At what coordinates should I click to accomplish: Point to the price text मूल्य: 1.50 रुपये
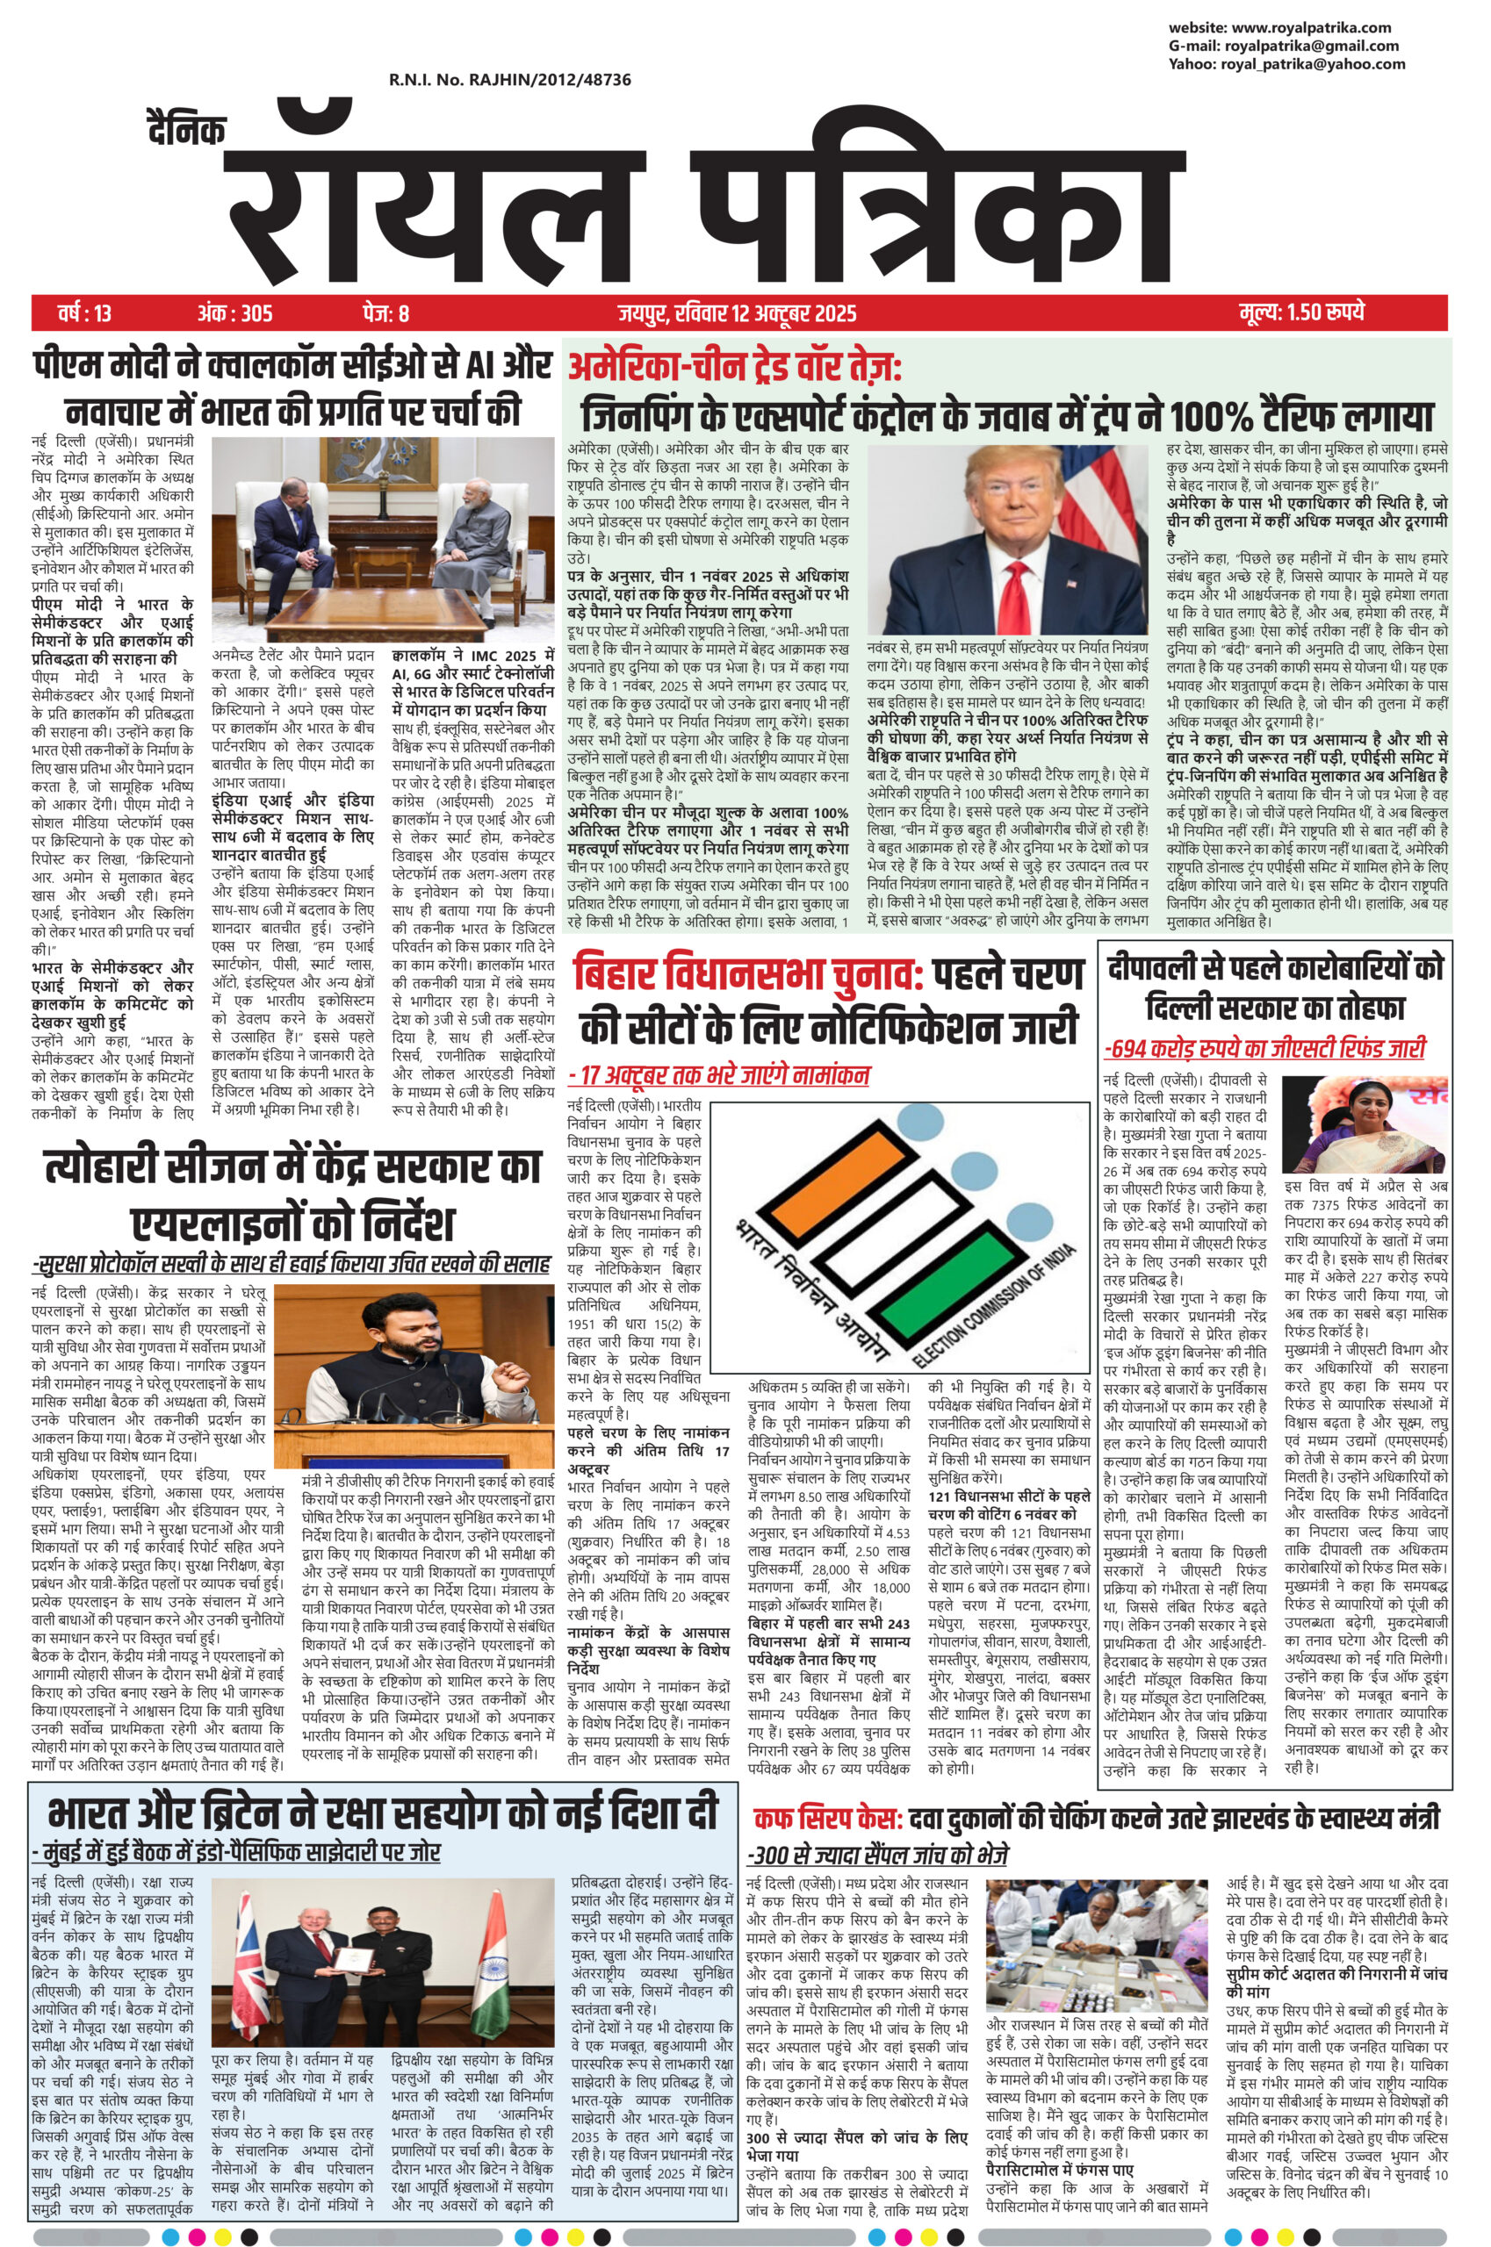point(1302,312)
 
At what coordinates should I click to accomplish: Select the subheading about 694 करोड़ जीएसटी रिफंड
point(1264,1048)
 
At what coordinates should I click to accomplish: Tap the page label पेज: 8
point(385,312)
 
